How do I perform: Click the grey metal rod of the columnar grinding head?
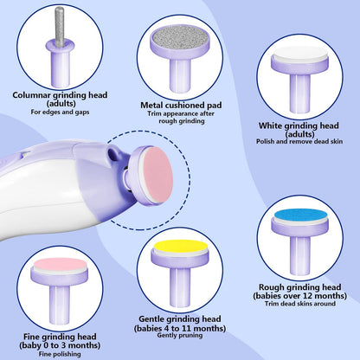[x=60, y=27]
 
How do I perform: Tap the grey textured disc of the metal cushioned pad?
[x=180, y=36]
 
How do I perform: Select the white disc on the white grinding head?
[x=300, y=54]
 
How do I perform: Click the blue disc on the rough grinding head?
[x=300, y=215]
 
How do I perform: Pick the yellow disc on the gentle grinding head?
[x=181, y=247]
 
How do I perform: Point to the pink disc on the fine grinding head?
[x=60, y=265]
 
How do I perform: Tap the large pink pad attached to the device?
[x=157, y=176]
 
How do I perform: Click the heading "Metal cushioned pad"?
[x=181, y=106]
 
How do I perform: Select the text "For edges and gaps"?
[x=60, y=112]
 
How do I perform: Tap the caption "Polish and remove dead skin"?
[x=299, y=141]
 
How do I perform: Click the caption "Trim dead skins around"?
[x=300, y=304]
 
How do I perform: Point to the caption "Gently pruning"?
[x=180, y=335]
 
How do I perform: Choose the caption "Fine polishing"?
[x=60, y=354]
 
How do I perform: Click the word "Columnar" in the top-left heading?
[x=31, y=95]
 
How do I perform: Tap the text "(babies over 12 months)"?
[x=300, y=296]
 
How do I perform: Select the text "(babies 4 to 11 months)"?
[x=180, y=328]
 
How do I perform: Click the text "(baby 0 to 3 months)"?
[x=60, y=345]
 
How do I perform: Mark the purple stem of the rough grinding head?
[x=300, y=255]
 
